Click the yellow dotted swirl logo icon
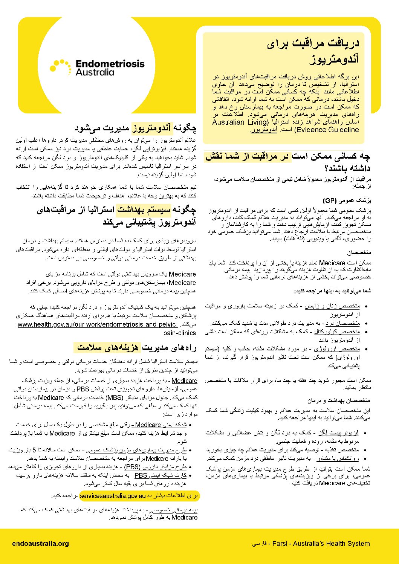point(60,67)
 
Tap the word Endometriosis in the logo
point(110,64)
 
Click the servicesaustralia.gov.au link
point(113,496)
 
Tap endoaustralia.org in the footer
point(40,543)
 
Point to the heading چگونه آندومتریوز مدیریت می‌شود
point(135,128)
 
